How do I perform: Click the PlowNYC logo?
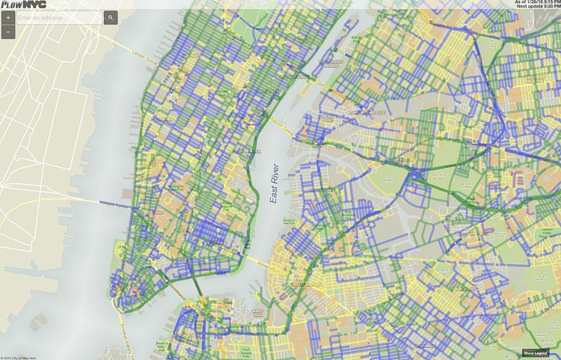[18, 4]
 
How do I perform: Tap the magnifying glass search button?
[110, 16]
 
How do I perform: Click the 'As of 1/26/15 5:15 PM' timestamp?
[536, 2]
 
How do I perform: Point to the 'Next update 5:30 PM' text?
[537, 7]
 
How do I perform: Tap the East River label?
[276, 184]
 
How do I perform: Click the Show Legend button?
[536, 353]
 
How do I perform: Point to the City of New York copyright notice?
[22, 356]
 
